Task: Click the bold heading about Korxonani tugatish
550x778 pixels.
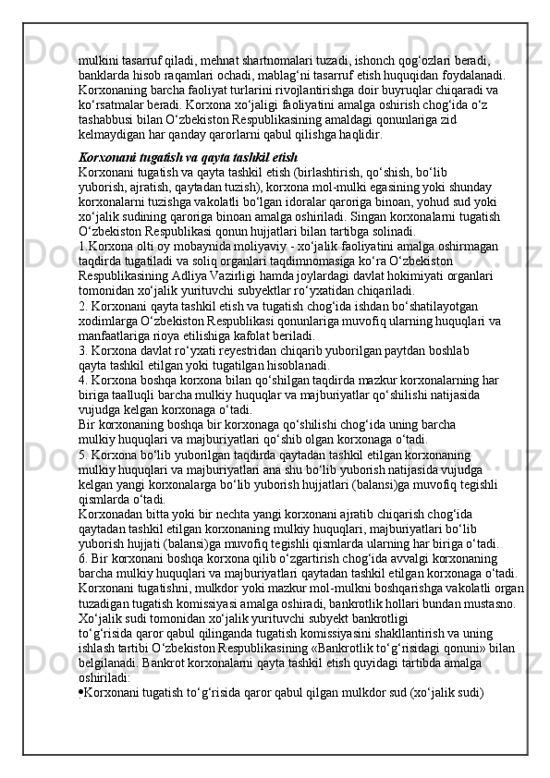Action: pos(187,157)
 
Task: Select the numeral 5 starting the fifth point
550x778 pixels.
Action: pos(81,455)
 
